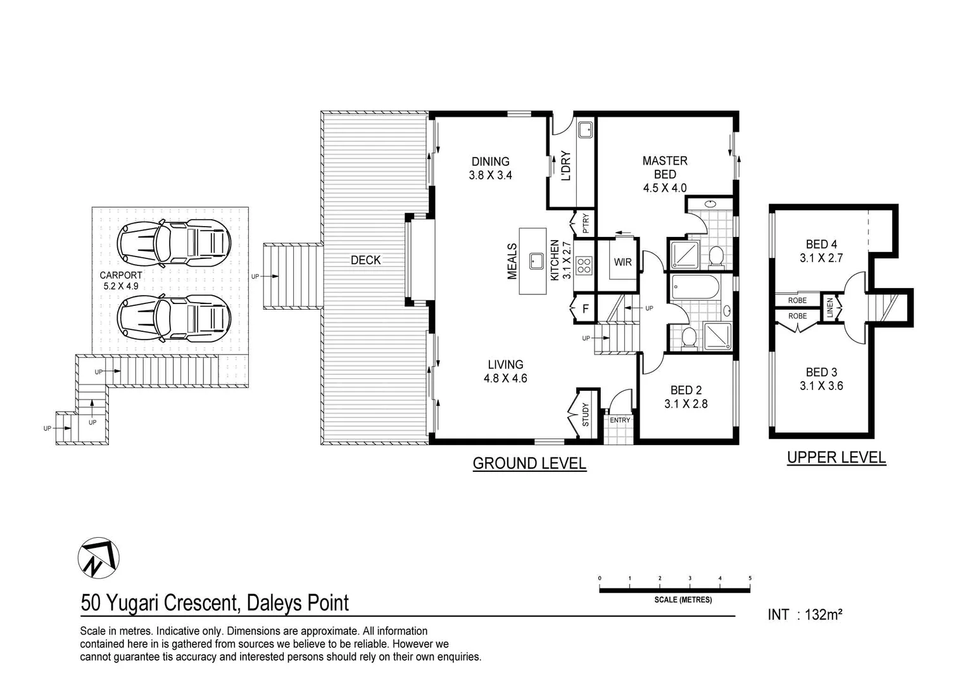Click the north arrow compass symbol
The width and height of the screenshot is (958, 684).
98,558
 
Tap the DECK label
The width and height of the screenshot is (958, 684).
366,260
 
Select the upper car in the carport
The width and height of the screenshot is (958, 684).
174,243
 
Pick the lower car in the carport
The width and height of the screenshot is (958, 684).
174,319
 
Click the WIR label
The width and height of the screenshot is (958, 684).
622,262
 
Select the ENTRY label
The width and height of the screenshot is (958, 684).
620,420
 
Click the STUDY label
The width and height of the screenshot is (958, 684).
586,414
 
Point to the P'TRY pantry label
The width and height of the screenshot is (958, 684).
586,224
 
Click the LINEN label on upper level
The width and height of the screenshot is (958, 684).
830,308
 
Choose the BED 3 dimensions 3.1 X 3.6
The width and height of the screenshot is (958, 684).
822,386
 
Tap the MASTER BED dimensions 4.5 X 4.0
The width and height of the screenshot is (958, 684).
665,188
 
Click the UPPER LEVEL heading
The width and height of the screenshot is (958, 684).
836,457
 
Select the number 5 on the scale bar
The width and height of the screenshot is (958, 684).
750,578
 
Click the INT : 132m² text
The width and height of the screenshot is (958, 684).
805,615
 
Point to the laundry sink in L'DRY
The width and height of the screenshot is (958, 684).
586,129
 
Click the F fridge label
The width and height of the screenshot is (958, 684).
586,308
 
